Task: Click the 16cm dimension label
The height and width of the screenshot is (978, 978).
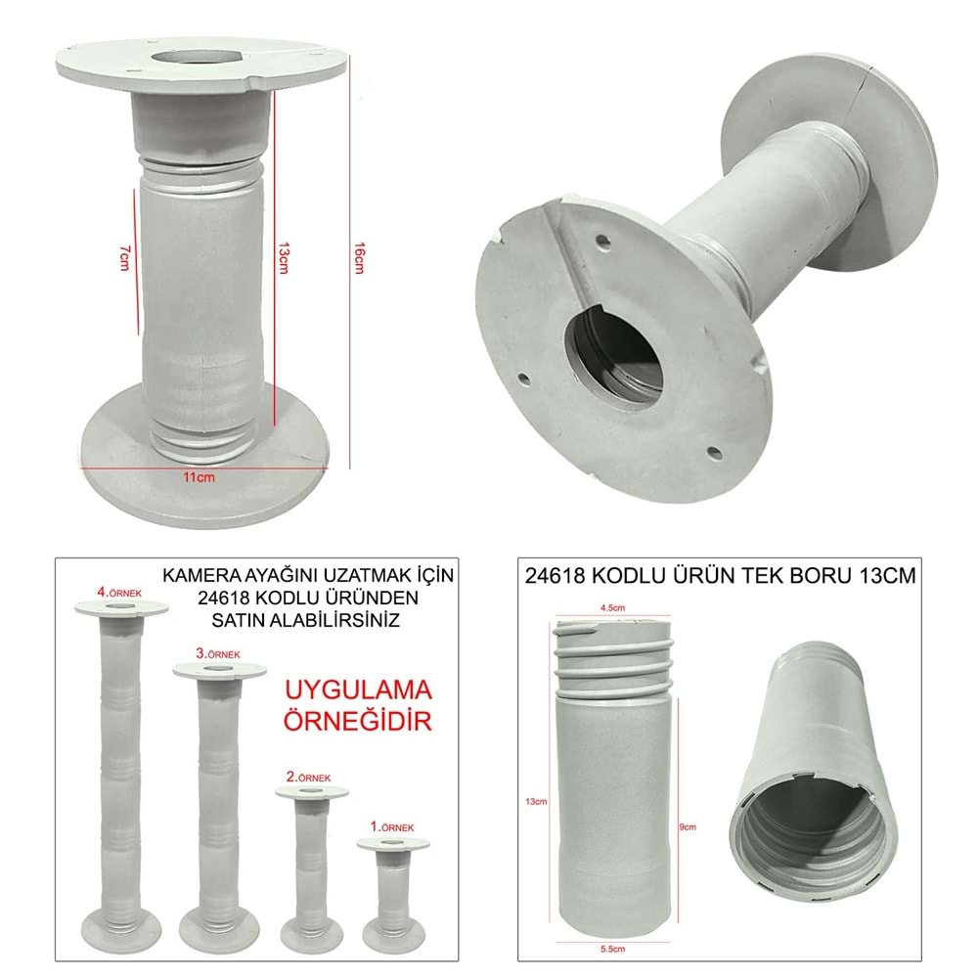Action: pyautogui.click(x=358, y=260)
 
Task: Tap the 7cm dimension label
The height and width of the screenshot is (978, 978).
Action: pyautogui.click(x=124, y=257)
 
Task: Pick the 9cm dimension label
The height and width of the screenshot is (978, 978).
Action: pyautogui.click(x=688, y=826)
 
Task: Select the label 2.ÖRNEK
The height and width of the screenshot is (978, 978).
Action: pyautogui.click(x=309, y=777)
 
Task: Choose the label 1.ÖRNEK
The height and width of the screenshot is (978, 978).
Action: pyautogui.click(x=391, y=827)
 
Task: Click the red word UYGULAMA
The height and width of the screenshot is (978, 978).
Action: pyautogui.click(x=357, y=691)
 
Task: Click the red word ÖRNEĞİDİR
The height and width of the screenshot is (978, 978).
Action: pyautogui.click(x=357, y=723)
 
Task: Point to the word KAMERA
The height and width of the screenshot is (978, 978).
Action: pyautogui.click(x=198, y=576)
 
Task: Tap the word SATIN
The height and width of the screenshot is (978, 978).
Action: pyautogui.click(x=244, y=619)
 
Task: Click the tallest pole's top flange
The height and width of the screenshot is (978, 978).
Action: pyautogui.click(x=121, y=608)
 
